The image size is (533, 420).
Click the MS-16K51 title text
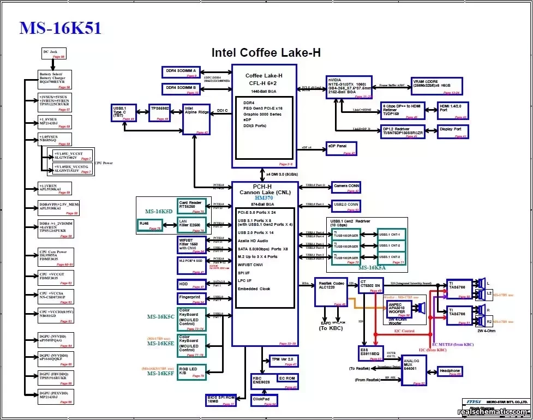60,28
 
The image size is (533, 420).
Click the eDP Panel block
341,148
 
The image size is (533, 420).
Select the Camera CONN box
346,188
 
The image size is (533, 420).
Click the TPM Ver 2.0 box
284,362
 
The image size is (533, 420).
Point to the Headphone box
450,372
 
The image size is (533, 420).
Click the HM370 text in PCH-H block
263,197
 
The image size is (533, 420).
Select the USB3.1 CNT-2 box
392,245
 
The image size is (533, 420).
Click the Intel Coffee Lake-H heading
266,53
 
